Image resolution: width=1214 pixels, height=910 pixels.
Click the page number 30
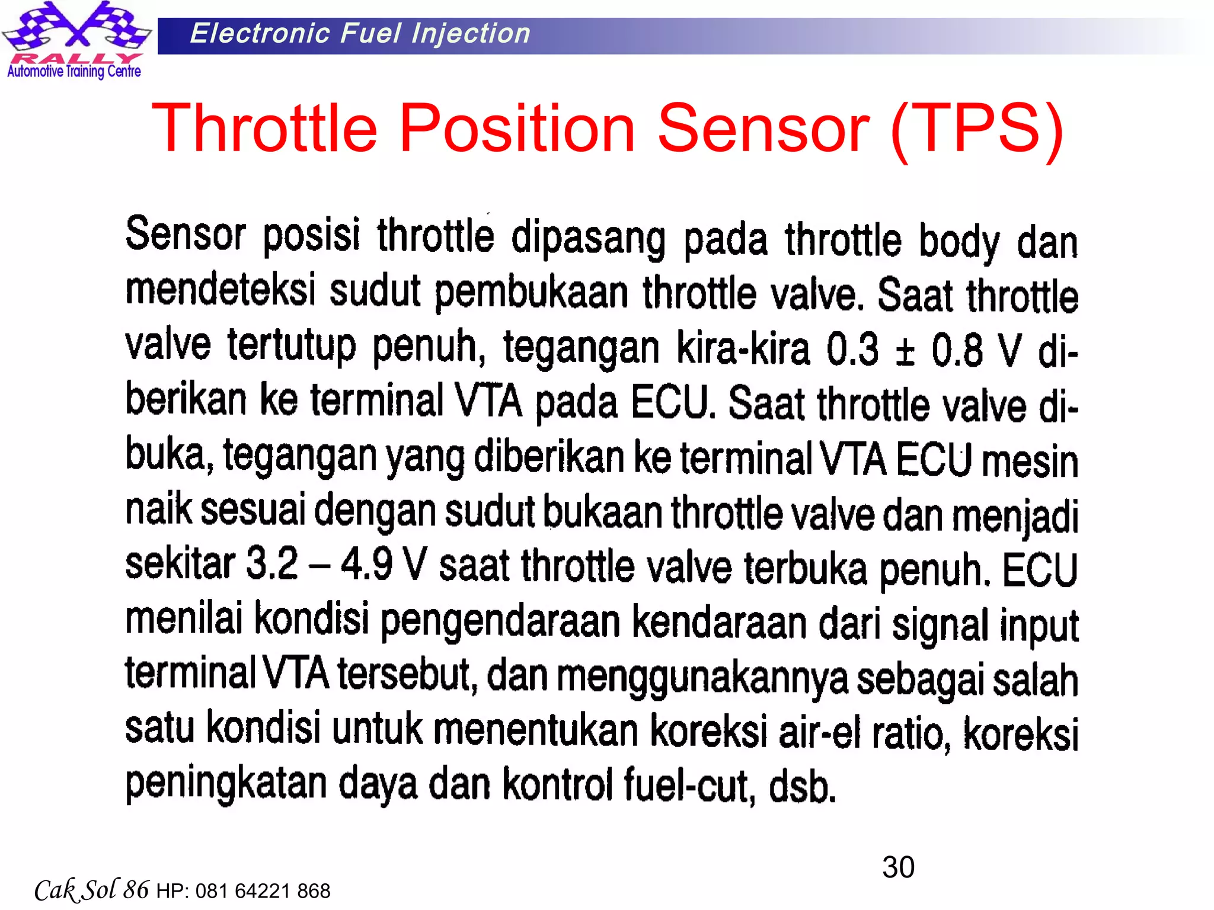click(x=898, y=867)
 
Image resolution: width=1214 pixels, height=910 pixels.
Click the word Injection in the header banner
click(x=471, y=33)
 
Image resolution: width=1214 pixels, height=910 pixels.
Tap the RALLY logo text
click(x=76, y=58)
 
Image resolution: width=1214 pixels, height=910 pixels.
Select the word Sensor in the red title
click(x=763, y=128)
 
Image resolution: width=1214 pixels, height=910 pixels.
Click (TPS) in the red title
click(x=977, y=129)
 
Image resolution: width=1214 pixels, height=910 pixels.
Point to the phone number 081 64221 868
click(x=263, y=891)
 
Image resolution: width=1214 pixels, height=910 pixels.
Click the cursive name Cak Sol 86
click(x=91, y=890)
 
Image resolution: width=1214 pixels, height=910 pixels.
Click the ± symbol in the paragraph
click(x=905, y=351)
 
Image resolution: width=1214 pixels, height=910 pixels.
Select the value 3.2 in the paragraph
click(x=271, y=563)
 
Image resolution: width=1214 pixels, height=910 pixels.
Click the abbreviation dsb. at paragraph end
click(x=802, y=787)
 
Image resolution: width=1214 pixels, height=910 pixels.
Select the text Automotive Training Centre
click(x=74, y=72)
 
